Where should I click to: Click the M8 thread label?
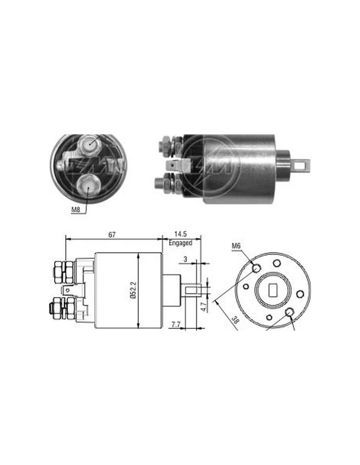click(x=76, y=210)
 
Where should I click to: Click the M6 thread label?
click(x=236, y=246)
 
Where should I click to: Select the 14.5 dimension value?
click(x=180, y=234)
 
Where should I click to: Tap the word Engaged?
click(x=180, y=243)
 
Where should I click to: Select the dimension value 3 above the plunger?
click(x=185, y=259)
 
